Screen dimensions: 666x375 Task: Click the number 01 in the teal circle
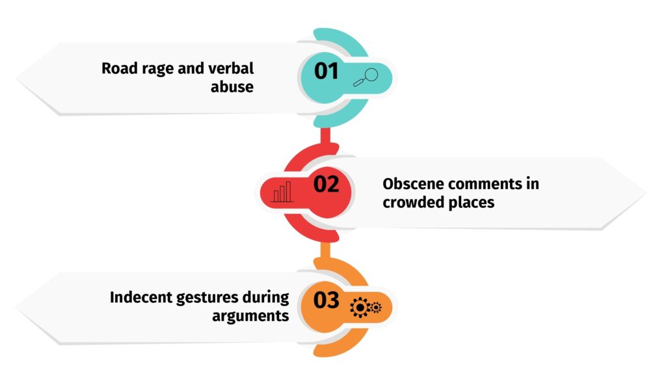pos(326,71)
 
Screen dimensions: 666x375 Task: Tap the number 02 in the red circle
pos(326,184)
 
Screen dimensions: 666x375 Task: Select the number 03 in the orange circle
pos(326,300)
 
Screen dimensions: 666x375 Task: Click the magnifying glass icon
pos(366,77)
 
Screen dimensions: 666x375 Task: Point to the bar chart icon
pos(282,192)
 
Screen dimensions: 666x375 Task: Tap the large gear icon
pos(360,307)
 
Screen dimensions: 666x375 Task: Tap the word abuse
pos(232,86)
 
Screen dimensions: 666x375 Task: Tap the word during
pos(265,298)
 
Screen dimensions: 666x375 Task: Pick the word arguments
pos(250,317)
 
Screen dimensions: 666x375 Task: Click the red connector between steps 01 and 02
pos(325,136)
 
